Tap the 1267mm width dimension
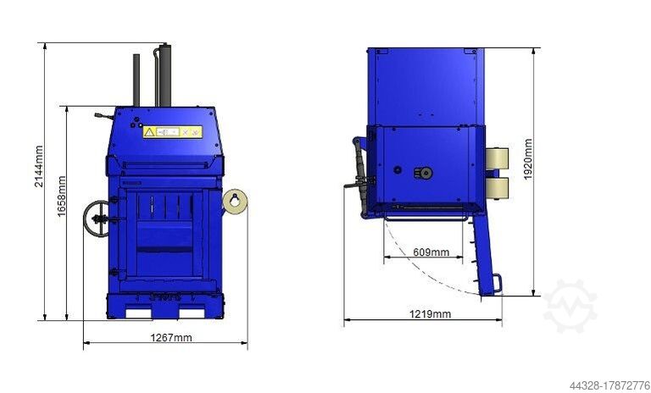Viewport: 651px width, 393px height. [170, 337]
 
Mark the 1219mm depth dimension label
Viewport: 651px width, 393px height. [430, 314]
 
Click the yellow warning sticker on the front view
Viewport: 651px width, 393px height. [172, 132]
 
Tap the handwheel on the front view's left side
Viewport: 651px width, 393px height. [97, 219]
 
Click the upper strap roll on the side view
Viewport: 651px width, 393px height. [497, 158]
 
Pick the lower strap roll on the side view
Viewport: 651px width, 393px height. [497, 188]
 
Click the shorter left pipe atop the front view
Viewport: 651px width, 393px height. [136, 80]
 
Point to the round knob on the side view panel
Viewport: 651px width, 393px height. [422, 173]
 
